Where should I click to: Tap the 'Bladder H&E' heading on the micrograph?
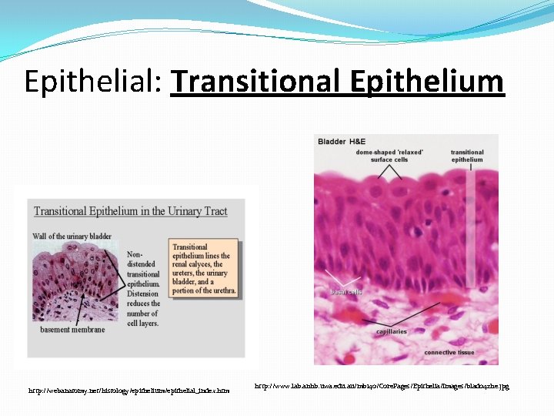point(342,142)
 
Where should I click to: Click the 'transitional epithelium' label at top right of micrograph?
point(467,156)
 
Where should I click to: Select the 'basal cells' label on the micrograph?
point(345,292)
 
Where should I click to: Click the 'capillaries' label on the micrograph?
point(391,331)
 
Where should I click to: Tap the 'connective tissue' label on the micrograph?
point(449,352)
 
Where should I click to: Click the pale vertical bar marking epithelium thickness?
point(470,231)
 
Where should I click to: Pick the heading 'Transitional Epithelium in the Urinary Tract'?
point(130,211)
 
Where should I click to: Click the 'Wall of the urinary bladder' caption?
point(72,236)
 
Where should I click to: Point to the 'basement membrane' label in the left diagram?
point(72,330)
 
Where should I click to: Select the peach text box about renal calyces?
point(205,269)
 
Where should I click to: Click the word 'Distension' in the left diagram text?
point(144,294)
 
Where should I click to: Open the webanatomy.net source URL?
point(128,391)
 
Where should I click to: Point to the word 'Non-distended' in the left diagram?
point(143,260)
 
